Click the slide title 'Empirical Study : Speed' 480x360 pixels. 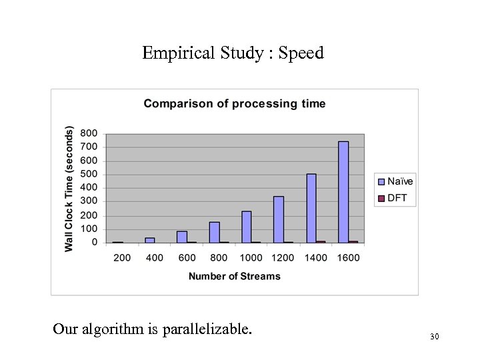[x=233, y=53]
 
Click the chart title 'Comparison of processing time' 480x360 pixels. [x=235, y=103]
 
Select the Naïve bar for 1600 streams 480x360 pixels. [x=343, y=192]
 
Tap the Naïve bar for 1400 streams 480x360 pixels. [x=311, y=208]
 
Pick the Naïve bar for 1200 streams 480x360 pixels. [x=279, y=219]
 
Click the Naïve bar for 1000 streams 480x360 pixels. [x=247, y=227]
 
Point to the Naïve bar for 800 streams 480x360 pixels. [x=214, y=232]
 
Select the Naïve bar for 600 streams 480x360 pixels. [x=182, y=237]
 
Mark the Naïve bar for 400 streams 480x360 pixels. [x=150, y=240]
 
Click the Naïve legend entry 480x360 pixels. [x=396, y=181]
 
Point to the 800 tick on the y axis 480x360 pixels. [x=89, y=133]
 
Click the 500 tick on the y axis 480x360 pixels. [x=89, y=174]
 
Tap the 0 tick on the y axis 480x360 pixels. [x=94, y=243]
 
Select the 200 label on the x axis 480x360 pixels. [x=122, y=257]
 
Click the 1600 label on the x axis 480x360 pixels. [x=348, y=257]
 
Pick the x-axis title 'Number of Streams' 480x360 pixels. [x=234, y=276]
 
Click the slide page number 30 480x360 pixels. [x=435, y=337]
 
